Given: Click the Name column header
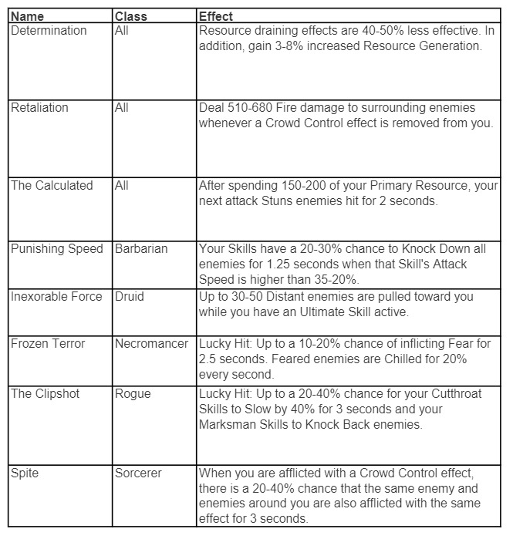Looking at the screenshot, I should pyautogui.click(x=27, y=15).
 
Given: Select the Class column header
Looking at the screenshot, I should pyautogui.click(x=130, y=15).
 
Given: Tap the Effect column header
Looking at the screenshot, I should pyautogui.click(x=215, y=15).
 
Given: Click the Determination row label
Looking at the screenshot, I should pyautogui.click(x=49, y=31).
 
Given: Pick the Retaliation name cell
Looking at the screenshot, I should pyautogui.click(x=39, y=108).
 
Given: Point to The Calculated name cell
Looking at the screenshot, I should pyautogui.click(x=52, y=186).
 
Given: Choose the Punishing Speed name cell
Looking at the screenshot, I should pyautogui.click(x=56, y=249).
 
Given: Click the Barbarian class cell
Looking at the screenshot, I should pyautogui.click(x=141, y=249).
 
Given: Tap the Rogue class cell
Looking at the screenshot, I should pyautogui.click(x=133, y=393).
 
